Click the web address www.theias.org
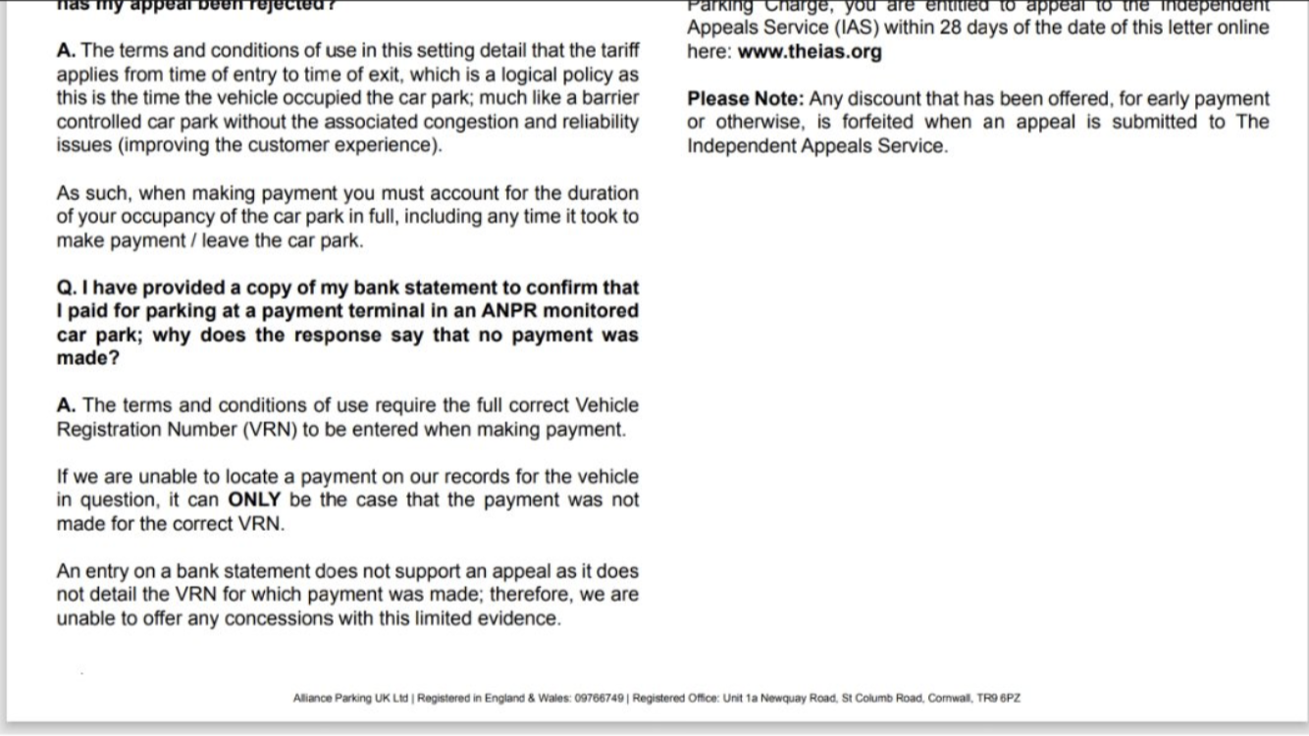810,52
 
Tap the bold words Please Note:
745,99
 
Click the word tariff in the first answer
620,51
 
